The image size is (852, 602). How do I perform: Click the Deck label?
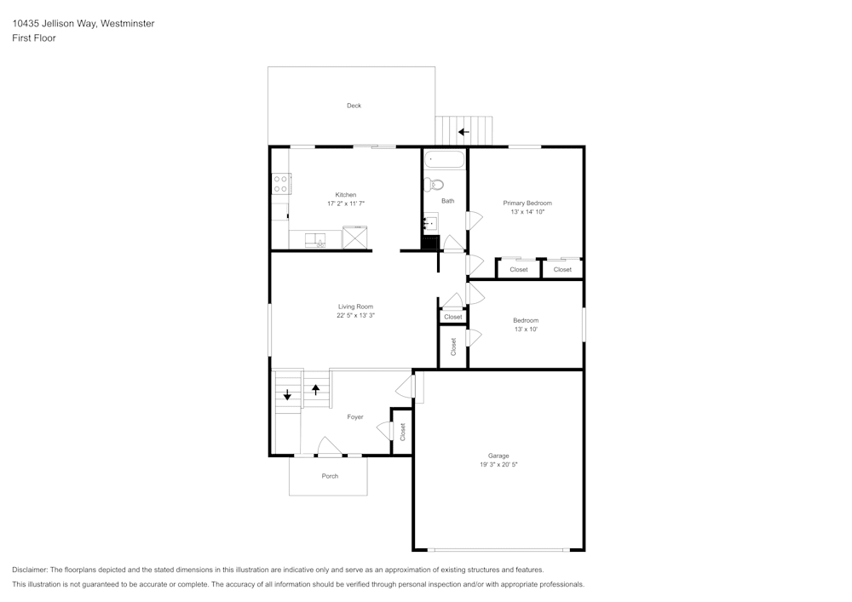tap(354, 106)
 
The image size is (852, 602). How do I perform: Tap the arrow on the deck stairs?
tap(463, 132)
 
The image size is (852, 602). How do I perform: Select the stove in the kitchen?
tap(281, 184)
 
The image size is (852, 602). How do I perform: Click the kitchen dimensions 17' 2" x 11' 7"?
tap(345, 204)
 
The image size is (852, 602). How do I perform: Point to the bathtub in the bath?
tap(445, 159)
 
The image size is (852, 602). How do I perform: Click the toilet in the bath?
tap(435, 184)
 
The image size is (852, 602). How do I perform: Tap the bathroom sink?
tap(431, 223)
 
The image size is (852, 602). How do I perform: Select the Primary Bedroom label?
tap(527, 203)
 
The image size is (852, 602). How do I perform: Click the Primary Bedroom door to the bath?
tap(475, 219)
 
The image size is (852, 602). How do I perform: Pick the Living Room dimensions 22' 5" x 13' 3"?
tap(355, 315)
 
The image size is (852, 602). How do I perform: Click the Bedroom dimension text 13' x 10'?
tap(526, 330)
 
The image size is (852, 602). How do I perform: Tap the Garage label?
tap(498, 456)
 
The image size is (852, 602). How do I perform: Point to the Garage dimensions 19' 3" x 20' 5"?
tap(498, 465)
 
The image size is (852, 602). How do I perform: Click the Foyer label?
tap(355, 417)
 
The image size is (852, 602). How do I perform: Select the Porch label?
tap(330, 476)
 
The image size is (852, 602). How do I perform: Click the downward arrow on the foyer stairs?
tap(287, 395)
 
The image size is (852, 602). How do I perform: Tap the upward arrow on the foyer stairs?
tap(316, 390)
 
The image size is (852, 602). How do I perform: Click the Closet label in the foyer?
tap(402, 433)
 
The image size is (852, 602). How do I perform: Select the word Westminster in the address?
tap(127, 24)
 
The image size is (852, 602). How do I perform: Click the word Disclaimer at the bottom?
tap(30, 570)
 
